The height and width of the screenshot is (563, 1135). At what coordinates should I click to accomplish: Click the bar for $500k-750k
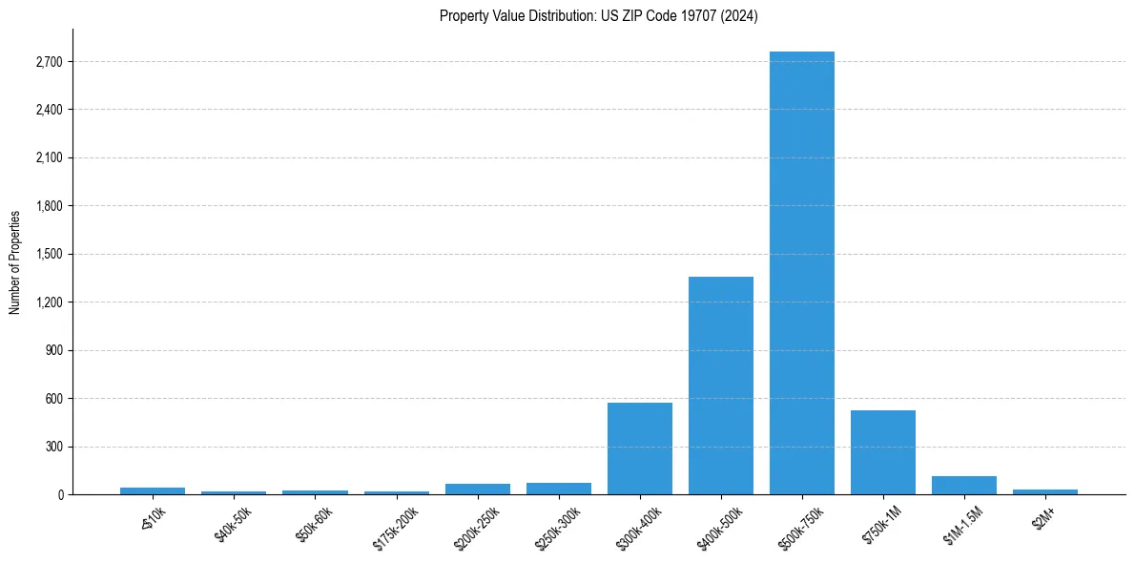(802, 273)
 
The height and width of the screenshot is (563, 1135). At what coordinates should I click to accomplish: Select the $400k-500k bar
(721, 386)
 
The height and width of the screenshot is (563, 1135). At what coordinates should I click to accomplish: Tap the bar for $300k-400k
(640, 448)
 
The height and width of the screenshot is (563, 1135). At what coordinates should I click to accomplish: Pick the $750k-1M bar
(883, 452)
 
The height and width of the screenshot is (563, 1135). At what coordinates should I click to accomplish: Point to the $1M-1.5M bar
(964, 485)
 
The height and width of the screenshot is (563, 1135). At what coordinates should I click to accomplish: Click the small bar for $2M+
(1045, 491)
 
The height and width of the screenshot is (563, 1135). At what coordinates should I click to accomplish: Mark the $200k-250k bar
(478, 489)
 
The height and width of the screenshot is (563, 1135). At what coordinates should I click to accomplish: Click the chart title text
(599, 16)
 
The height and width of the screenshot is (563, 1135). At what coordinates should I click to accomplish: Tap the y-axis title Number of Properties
(15, 261)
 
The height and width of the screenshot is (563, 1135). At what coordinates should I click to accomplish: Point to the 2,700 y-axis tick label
(48, 62)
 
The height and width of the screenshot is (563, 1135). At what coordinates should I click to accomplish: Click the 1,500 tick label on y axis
(48, 255)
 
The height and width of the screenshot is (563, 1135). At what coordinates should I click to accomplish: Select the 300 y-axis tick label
(53, 447)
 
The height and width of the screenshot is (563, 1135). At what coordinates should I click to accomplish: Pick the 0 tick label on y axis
(60, 494)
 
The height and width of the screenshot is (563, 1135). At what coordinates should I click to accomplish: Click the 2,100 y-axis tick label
(48, 158)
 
